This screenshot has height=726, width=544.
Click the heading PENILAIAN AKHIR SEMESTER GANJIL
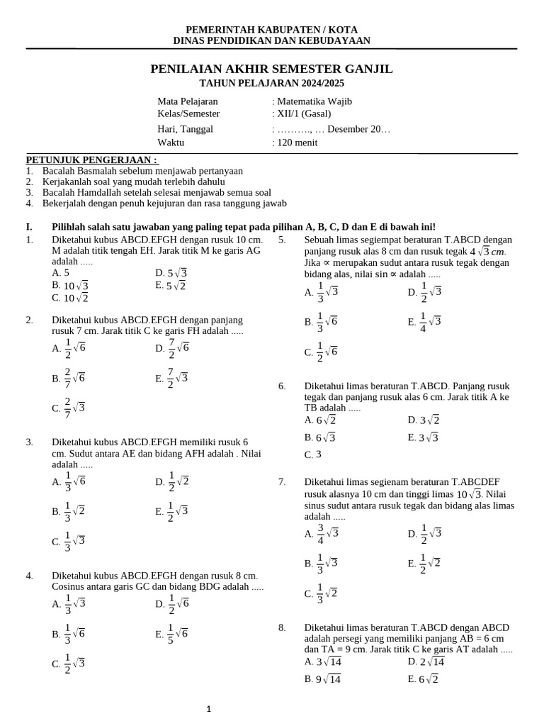271,69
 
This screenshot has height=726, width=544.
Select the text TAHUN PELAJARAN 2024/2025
271,83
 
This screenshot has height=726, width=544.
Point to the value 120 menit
297,143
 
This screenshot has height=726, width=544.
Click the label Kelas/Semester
188,113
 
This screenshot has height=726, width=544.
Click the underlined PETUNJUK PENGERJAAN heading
92,160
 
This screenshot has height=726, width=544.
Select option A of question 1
61,273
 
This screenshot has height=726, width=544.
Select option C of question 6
313,454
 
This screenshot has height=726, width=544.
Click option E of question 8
423,679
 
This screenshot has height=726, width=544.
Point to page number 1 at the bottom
209,708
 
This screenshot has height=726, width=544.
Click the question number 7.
282,482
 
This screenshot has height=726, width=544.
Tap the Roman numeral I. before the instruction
29,227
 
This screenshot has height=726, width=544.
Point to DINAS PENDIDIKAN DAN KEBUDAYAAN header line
271,41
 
